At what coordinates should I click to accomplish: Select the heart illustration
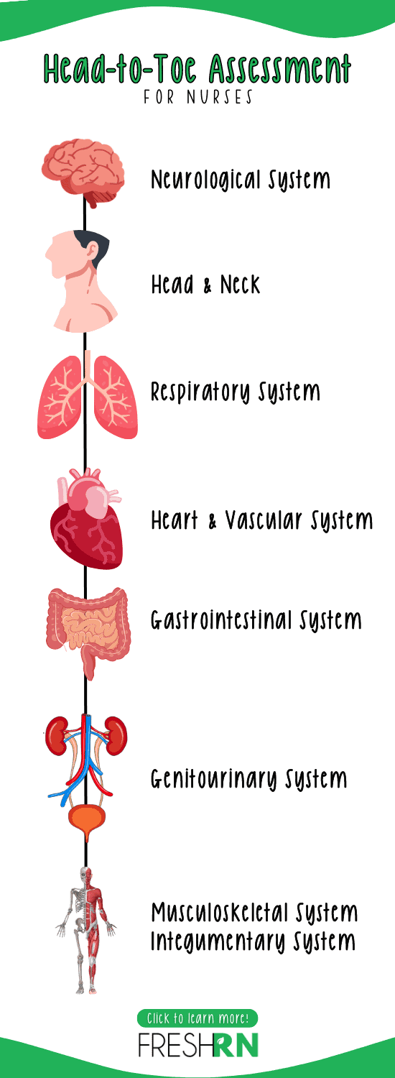tap(87, 519)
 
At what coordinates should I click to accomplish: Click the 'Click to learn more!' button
tap(197, 1018)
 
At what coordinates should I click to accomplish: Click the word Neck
tap(240, 285)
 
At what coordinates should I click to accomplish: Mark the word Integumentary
tap(218, 941)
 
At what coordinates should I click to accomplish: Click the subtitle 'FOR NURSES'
tap(197, 97)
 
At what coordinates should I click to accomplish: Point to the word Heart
tap(175, 520)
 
